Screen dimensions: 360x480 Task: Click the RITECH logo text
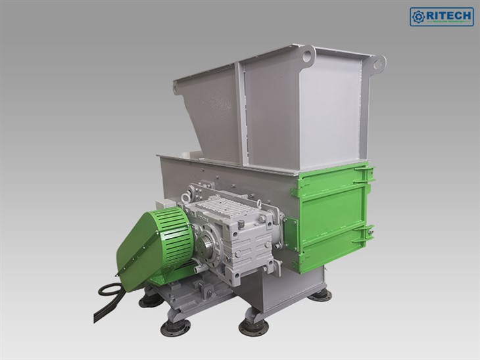[448, 15]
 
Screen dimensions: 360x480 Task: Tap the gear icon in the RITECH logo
[419, 16]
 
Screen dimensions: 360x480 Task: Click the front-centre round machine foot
[252, 326]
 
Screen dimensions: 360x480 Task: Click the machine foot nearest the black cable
[151, 299]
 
